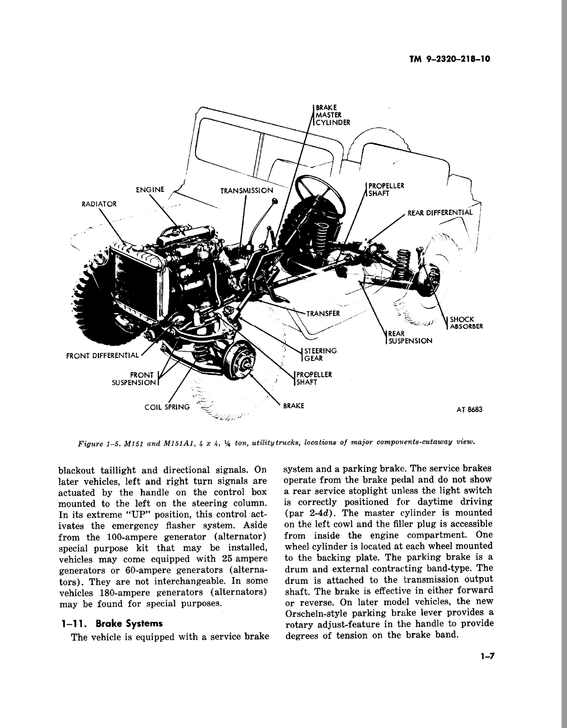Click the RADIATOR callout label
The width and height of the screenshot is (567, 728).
99,204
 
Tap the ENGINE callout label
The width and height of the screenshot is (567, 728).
150,190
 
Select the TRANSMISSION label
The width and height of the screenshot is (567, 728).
246,191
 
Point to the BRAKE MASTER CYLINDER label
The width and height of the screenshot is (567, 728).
332,115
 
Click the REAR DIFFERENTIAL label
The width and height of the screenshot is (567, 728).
440,212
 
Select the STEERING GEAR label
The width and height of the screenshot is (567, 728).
320,354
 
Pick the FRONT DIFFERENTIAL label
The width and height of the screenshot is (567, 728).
102,355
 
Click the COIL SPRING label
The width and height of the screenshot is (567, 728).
167,407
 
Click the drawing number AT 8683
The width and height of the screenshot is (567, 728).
469,409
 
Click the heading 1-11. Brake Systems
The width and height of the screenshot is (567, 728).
111,623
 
